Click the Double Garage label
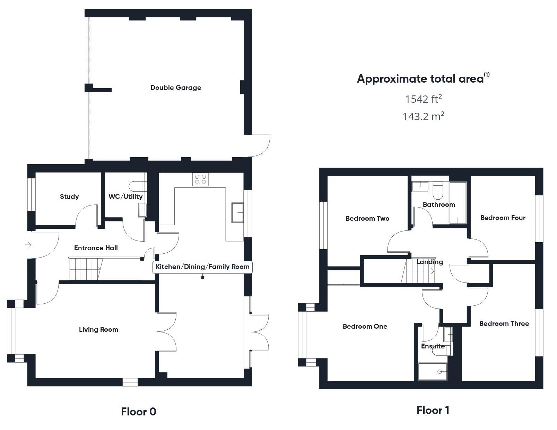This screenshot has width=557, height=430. [175, 87]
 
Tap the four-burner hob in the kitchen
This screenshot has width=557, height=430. [200, 179]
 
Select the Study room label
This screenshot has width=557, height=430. [69, 196]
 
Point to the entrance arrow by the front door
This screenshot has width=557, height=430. [28, 245]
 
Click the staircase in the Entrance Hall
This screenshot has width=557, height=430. [85, 269]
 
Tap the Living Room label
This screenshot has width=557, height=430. [98, 329]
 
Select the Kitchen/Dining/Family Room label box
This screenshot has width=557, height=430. [202, 267]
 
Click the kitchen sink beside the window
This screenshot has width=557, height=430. [237, 212]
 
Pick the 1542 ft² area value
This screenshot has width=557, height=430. [423, 99]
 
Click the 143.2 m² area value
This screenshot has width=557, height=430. [423, 116]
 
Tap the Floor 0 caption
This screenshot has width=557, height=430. [138, 412]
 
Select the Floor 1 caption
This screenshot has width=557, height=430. [433, 410]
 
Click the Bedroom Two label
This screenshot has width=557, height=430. [367, 218]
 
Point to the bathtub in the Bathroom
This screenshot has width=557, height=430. [458, 203]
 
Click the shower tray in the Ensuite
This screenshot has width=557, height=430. [433, 371]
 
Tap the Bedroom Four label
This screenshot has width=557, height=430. [503, 218]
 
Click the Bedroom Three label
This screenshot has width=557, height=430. [504, 323]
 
